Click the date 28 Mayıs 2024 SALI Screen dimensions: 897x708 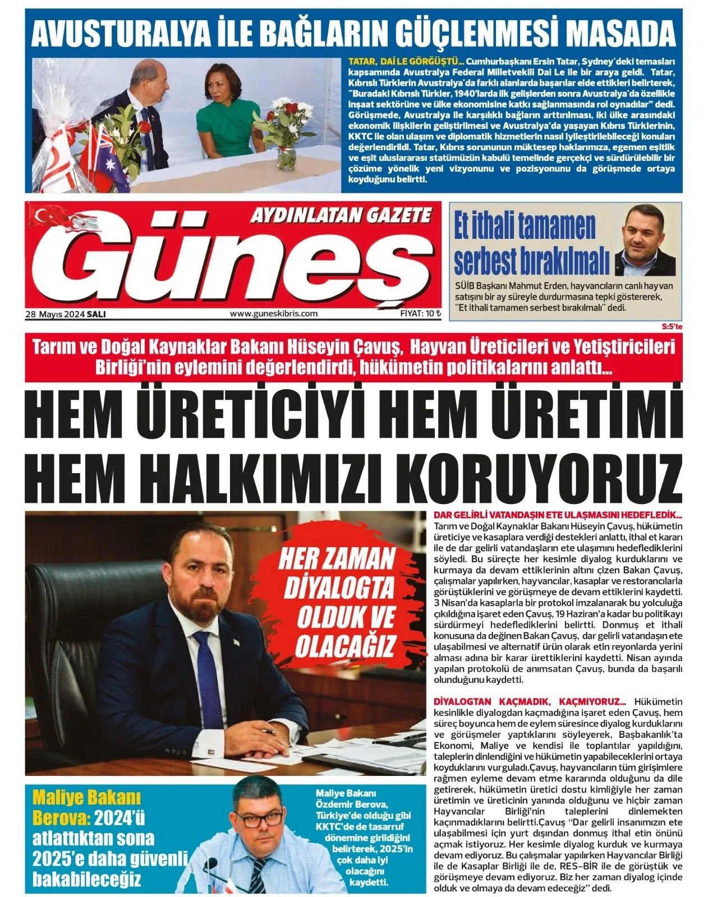(65, 314)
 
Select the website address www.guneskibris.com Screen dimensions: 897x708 (274, 314)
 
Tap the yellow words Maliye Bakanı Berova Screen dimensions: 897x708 (79, 807)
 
